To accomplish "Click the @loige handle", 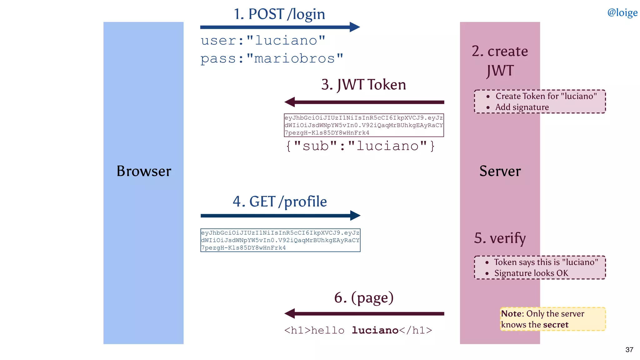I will pos(622,12).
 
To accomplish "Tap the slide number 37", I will pos(629,350).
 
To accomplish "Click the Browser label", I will pos(144,171).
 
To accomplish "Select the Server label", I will pos(500,171).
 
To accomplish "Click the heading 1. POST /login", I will pos(279,14).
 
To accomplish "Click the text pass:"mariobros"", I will pos(272,58).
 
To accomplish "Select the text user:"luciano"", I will pos(263,40).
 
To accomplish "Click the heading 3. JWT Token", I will pos(363,85).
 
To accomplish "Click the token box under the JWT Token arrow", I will pos(364,125).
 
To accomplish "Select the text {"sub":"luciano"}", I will pos(360,146).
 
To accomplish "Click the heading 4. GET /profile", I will pos(280,202).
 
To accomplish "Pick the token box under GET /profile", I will pos(280,240).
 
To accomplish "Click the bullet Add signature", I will pos(522,107).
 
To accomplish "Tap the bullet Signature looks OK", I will pos(531,273).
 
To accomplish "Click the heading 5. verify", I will pos(500,238).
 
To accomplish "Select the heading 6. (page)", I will pos(364,297).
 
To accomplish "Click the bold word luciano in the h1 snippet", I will pos(375,330).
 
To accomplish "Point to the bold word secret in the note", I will pos(556,325).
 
